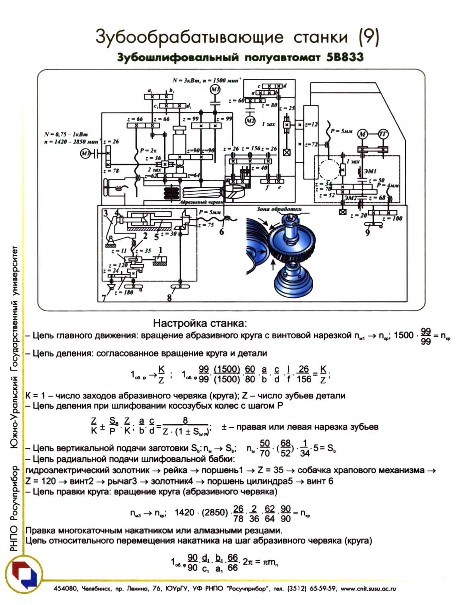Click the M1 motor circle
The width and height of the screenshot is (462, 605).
click(x=215, y=90)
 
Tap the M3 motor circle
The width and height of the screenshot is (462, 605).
click(x=85, y=153)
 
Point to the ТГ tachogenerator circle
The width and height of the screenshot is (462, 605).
click(x=383, y=134)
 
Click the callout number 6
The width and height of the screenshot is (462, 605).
click(x=221, y=230)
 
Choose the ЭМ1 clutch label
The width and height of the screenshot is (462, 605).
click(x=370, y=171)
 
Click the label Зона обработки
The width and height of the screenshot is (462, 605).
click(x=279, y=209)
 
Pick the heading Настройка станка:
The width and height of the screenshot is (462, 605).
click(x=200, y=322)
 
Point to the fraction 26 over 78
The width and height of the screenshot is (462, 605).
click(x=238, y=513)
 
